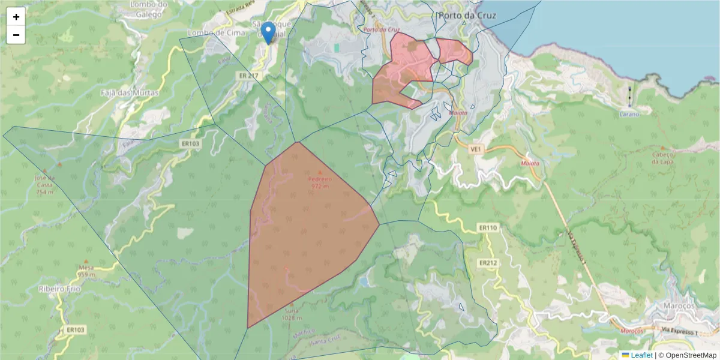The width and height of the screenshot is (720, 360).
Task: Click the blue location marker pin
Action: click(269, 32)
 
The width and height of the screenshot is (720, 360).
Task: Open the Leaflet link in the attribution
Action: click(641, 355)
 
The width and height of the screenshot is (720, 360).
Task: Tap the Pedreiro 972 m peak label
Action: click(320, 182)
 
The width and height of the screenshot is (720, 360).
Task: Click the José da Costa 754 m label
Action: click(45, 185)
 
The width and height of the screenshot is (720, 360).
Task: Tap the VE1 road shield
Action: click(477, 149)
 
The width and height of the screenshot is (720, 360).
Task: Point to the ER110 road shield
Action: click(488, 228)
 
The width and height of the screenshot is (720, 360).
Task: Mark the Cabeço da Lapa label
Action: click(662, 157)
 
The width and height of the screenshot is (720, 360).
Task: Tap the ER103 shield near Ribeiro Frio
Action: click(76, 329)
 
